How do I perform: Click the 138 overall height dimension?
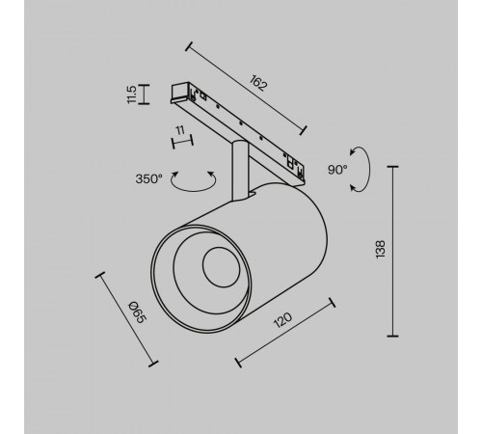pyautogui.click(x=381, y=249)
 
